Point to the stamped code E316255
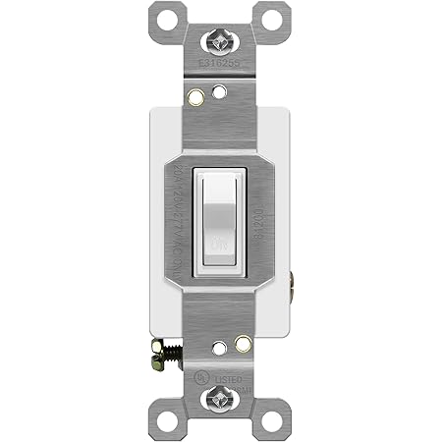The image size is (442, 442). tap(220, 70)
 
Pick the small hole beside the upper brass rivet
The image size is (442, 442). tap(219, 95)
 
